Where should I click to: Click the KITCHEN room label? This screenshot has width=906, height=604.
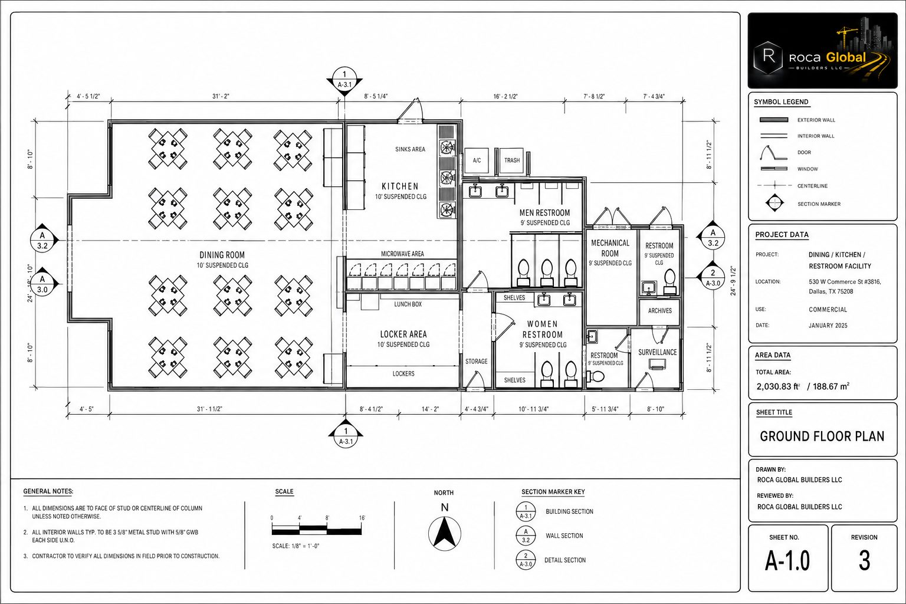(x=400, y=186)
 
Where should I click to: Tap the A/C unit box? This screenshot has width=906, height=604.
(x=477, y=161)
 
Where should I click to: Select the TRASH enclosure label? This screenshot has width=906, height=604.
(x=512, y=160)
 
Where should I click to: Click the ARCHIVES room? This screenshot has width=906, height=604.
(x=659, y=311)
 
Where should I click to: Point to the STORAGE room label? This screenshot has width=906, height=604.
(x=477, y=361)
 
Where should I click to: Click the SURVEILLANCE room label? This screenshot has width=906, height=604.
(x=657, y=352)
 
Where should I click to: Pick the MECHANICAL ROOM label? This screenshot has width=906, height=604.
(x=610, y=248)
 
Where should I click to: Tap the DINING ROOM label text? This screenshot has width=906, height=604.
(x=222, y=255)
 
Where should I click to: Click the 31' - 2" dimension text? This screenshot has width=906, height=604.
(x=221, y=96)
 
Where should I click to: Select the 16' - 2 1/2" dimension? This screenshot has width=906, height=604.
(x=505, y=96)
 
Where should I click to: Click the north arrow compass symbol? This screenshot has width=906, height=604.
(x=445, y=533)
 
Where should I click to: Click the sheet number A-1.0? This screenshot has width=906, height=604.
(x=787, y=561)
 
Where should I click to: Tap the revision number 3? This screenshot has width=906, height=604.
(x=864, y=561)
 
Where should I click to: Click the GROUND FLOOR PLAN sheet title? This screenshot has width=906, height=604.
(x=822, y=436)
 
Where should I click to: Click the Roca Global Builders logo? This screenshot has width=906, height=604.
(x=822, y=51)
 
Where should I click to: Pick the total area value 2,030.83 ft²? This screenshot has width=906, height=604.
(x=778, y=386)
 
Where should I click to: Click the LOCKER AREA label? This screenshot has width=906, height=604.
(x=403, y=334)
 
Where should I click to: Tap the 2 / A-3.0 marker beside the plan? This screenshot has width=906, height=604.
(x=713, y=278)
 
